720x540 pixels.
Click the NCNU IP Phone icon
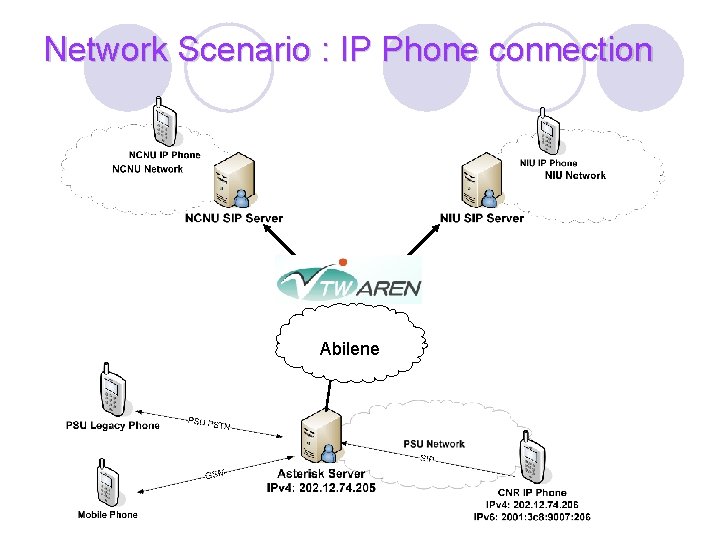click(164, 123)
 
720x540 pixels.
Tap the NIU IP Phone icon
click(548, 136)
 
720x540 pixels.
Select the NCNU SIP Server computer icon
click(229, 184)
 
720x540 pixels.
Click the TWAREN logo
click(349, 278)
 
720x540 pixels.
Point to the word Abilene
click(349, 349)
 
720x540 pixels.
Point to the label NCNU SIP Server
click(234, 218)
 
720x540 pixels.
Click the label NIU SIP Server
click(481, 218)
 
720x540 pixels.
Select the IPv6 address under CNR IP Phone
click(532, 517)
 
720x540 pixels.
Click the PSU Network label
click(434, 444)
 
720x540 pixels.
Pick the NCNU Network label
click(148, 169)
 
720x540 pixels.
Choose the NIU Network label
click(575, 175)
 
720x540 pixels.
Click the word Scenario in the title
click(245, 48)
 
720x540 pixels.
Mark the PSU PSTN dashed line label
click(209, 424)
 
